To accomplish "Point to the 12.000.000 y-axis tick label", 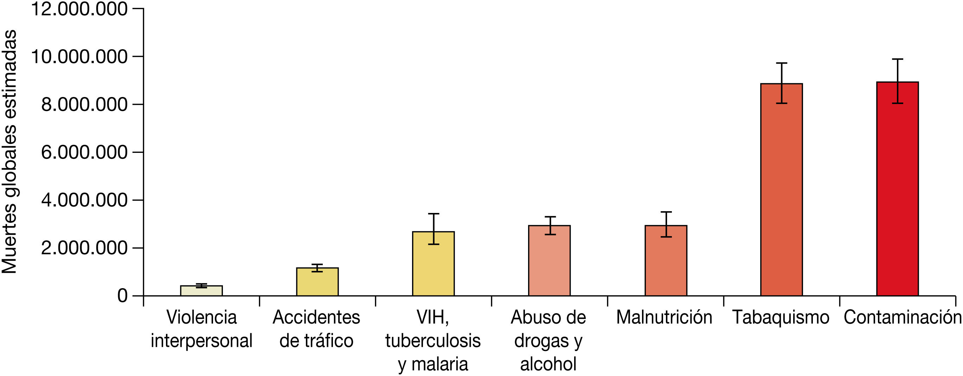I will [x=79, y=9].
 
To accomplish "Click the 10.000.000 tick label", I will [x=79, y=57].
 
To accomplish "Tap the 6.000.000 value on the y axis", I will [x=84, y=153].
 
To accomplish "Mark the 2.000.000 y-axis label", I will [x=84, y=248].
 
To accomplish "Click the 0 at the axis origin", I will [x=123, y=296].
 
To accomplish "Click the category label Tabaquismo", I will [x=781, y=318].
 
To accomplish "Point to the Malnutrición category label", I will [x=664, y=318].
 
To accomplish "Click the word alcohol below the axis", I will [x=548, y=364].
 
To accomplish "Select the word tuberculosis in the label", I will [x=433, y=341].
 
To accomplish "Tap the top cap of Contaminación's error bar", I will [x=897, y=59].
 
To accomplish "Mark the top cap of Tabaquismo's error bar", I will [x=781, y=63].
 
